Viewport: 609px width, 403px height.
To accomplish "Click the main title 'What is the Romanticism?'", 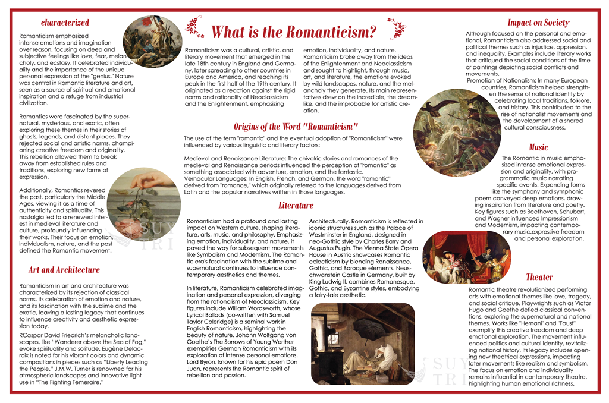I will (x=294, y=32).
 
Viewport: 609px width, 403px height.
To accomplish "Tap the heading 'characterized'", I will (x=65, y=23).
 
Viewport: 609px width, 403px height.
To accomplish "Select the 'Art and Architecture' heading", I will (x=64, y=270).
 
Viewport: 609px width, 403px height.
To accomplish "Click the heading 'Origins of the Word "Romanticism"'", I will (x=296, y=126).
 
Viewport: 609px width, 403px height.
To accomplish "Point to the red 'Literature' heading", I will (x=296, y=206).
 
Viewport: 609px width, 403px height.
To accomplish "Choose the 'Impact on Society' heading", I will (x=538, y=23).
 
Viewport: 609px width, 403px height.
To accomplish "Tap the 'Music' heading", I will (x=538, y=147).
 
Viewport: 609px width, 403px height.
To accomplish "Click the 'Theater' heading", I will (x=539, y=277).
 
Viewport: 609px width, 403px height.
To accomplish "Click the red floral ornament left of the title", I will (x=193, y=26).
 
